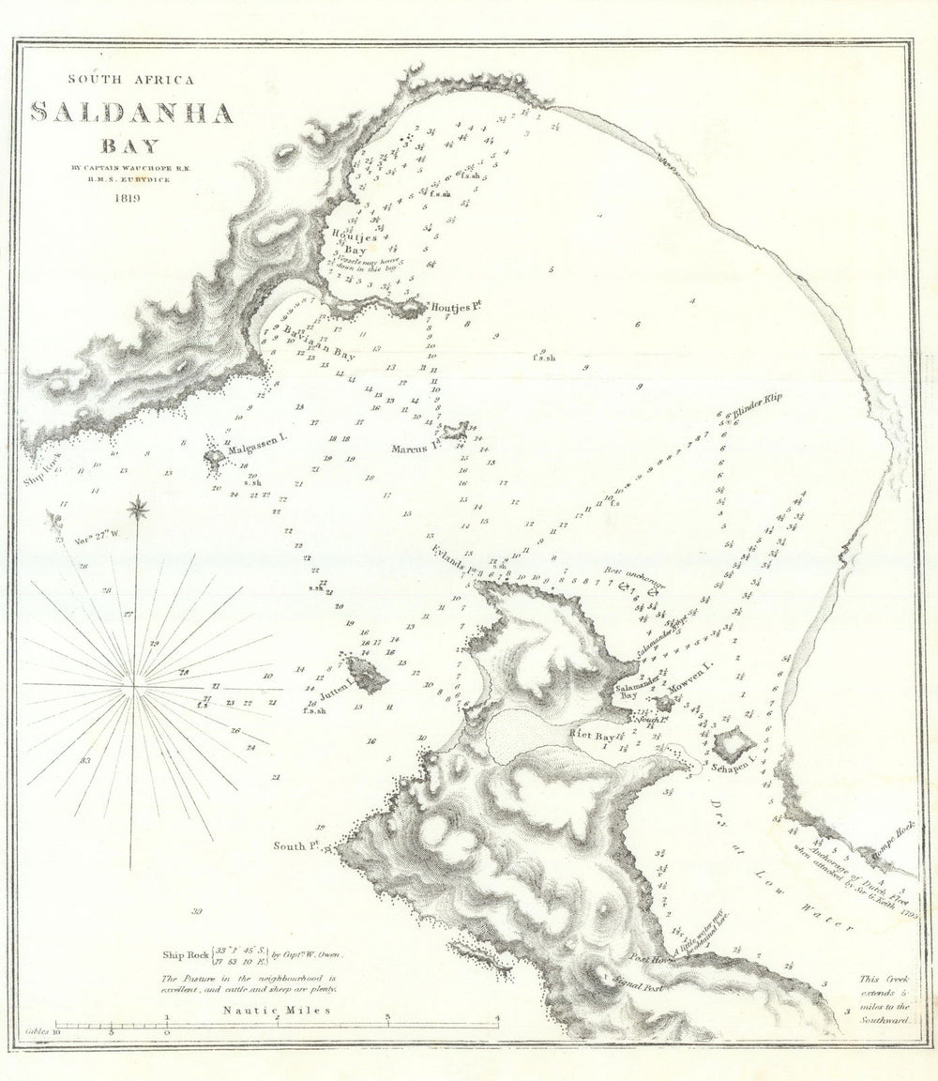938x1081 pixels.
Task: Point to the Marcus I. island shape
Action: [457, 431]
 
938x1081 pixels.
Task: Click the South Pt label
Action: [292, 846]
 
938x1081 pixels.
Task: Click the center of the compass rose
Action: [135, 687]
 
